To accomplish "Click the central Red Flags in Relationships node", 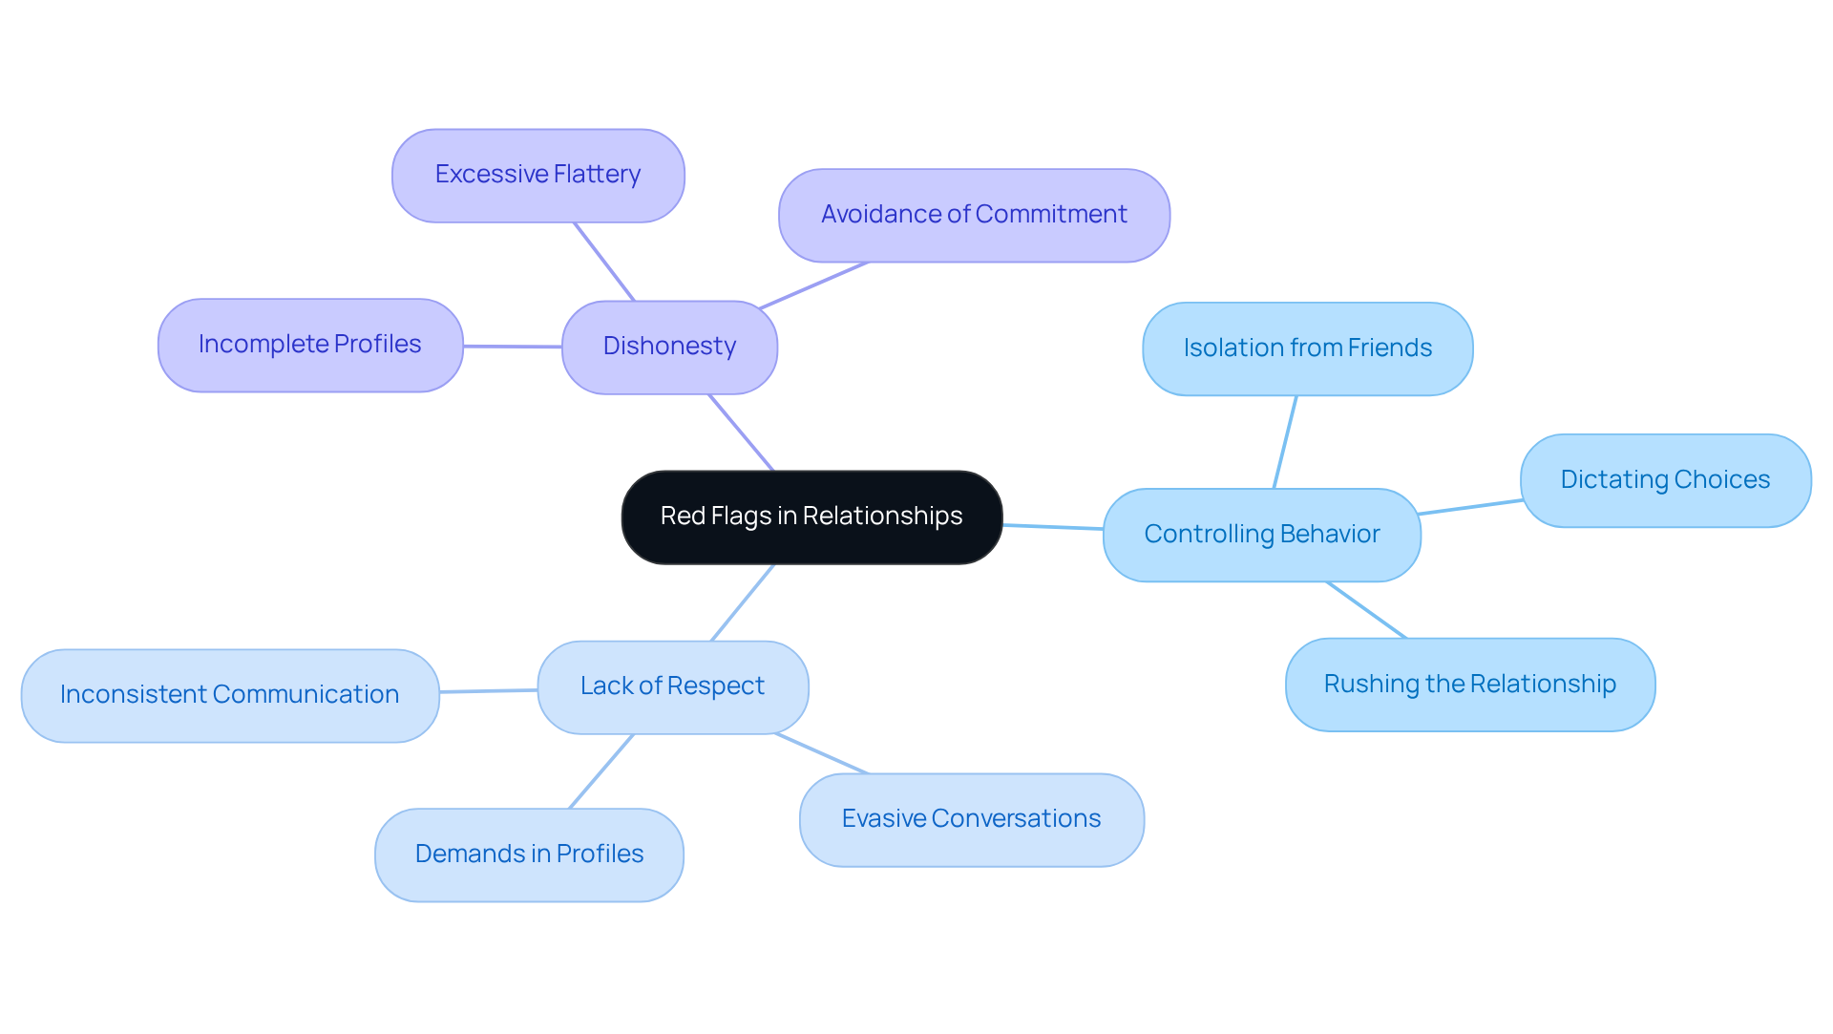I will coord(811,517).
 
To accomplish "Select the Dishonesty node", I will coord(669,347).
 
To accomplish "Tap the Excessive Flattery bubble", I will coord(537,176).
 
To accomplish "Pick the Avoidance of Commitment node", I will coord(974,215).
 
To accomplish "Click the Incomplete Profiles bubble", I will coord(310,345).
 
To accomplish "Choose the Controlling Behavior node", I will coord(1261,535).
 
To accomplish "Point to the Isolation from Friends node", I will coord(1307,348).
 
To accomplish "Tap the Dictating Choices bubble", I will coord(1665,480).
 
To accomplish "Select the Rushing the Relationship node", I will coord(1469,685).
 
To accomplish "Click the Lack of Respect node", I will coord(672,686).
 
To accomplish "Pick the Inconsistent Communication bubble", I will coord(229,695).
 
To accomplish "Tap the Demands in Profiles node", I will coord(529,855).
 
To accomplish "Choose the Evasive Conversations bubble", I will coord(971,819).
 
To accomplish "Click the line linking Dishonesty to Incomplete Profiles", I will coord(513,347).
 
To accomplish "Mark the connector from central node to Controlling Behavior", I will coord(1053,527).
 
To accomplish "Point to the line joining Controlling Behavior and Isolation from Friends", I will coord(1285,442).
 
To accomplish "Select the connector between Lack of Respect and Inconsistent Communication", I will coord(489,690).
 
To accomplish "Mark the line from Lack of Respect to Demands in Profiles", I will coord(601,771).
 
